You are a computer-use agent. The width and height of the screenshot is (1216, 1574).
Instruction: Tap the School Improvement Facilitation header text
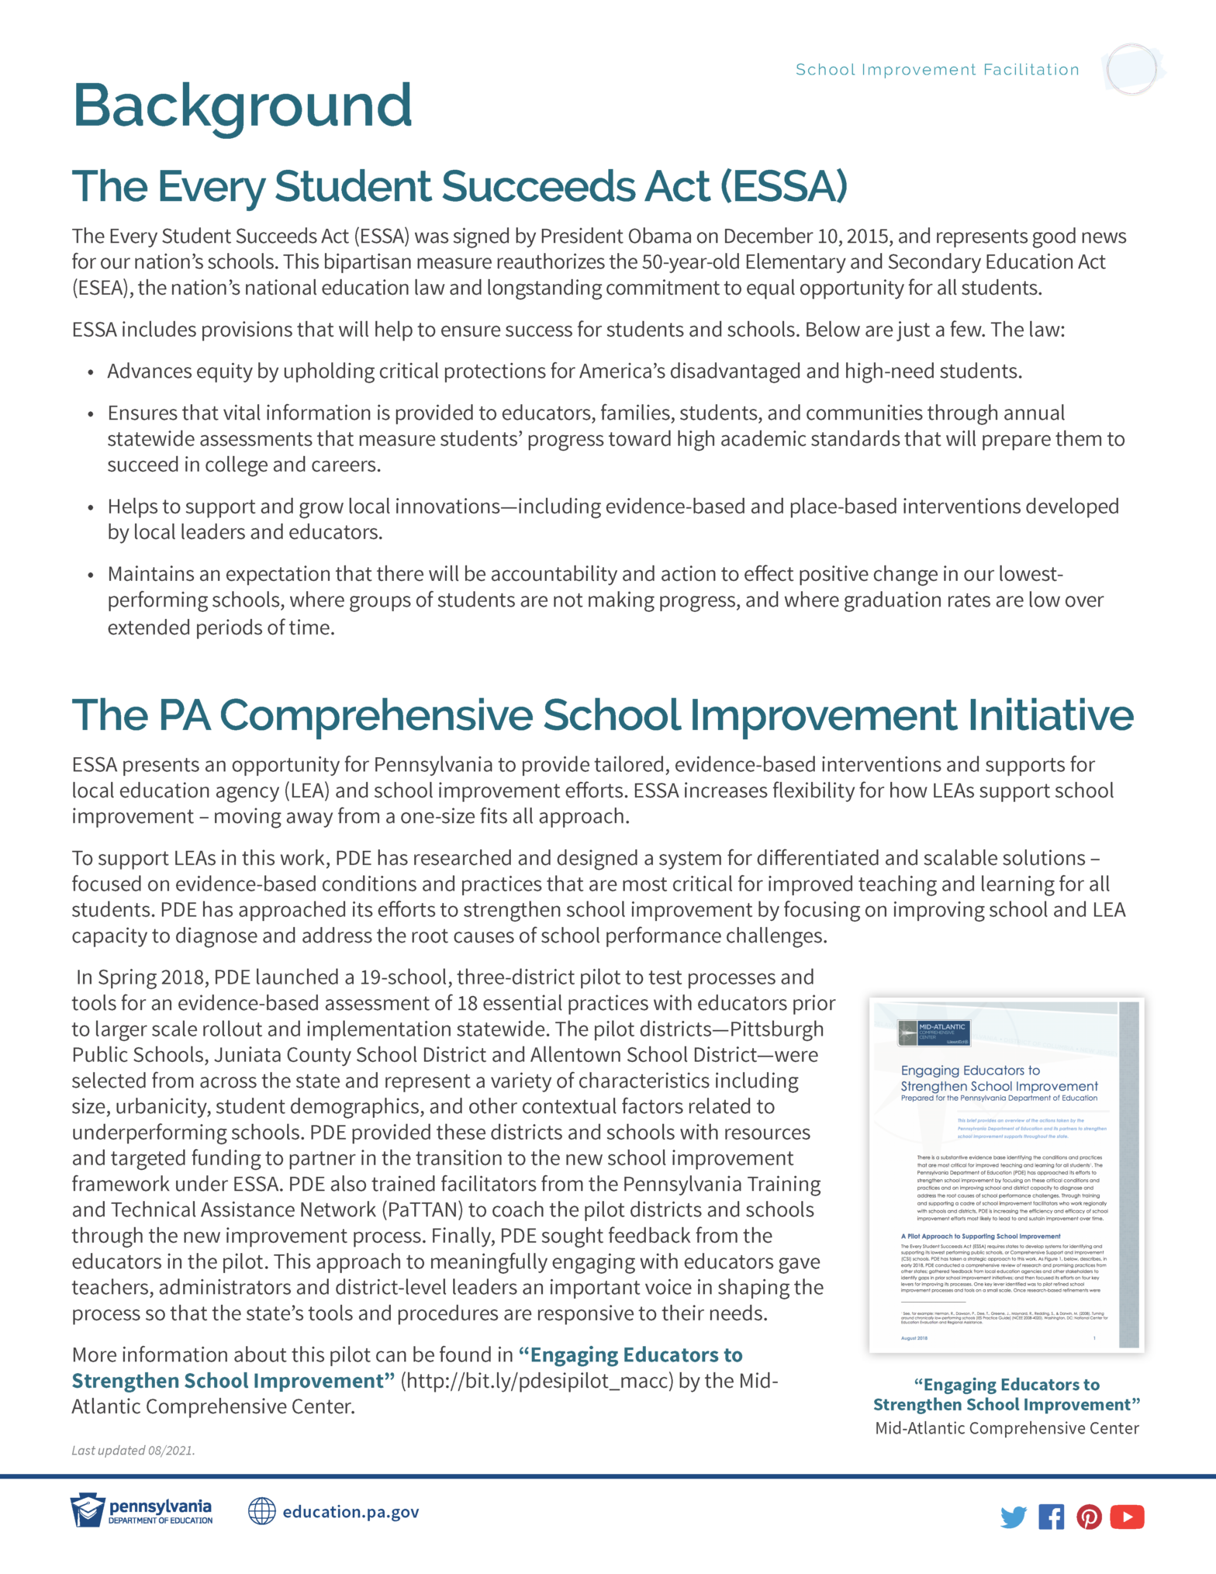(x=937, y=70)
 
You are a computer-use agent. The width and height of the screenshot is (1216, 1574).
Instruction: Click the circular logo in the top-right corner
(x=1131, y=69)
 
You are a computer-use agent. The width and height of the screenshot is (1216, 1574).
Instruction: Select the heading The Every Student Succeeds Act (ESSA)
(x=459, y=186)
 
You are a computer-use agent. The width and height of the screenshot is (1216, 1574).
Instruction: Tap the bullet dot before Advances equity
(x=91, y=372)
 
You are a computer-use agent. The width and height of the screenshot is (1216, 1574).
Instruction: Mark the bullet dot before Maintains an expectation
(x=91, y=575)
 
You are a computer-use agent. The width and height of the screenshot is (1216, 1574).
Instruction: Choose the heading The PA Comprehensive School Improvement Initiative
(x=602, y=714)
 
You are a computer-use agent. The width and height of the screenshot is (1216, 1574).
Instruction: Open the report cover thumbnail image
(x=1006, y=1174)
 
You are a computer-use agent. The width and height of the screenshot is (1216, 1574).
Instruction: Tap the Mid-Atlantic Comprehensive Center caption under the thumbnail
(x=1007, y=1428)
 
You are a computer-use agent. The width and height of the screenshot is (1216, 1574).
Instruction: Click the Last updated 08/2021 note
(x=133, y=1450)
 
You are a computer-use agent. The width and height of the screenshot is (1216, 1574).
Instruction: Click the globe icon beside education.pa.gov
(x=262, y=1511)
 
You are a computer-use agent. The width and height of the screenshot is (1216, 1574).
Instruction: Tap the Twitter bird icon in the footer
(x=1013, y=1516)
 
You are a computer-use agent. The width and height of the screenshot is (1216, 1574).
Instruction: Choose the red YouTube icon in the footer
(x=1127, y=1516)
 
